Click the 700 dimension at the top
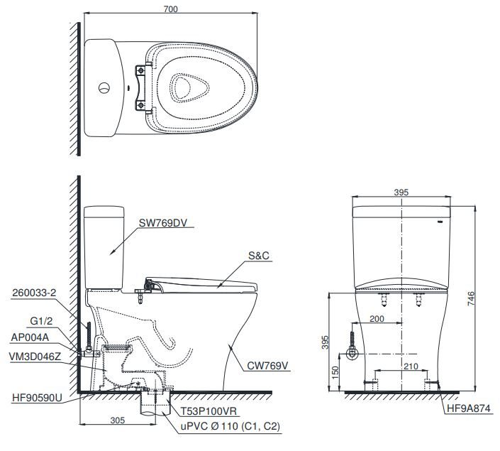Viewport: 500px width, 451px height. [x=170, y=9]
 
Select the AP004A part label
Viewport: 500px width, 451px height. [x=30, y=337]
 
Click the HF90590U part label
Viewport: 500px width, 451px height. [x=36, y=398]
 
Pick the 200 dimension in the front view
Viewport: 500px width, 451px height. [x=377, y=319]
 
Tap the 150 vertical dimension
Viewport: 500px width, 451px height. [x=335, y=371]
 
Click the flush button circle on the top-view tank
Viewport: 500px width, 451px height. [x=104, y=89]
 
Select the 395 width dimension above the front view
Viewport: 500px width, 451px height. [x=401, y=192]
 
